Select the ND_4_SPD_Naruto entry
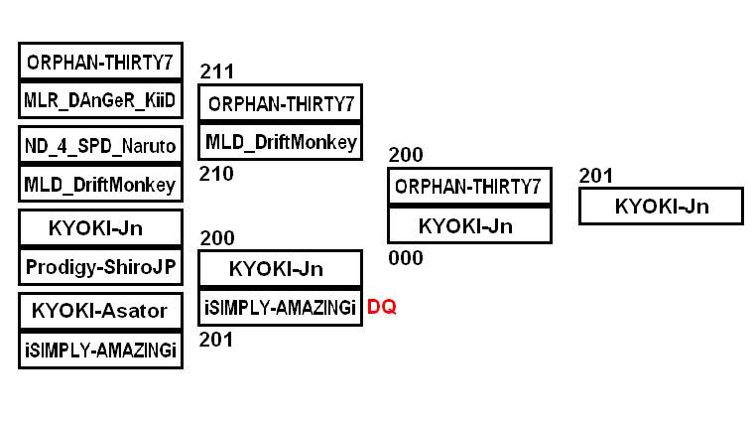click(100, 146)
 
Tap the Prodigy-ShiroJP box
click(100, 267)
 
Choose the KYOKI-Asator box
click(100, 311)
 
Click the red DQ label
click(382, 308)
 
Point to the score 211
click(217, 71)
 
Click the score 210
click(217, 175)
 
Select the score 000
click(406, 258)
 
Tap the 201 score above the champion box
click(596, 176)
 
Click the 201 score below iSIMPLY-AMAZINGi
click(217, 341)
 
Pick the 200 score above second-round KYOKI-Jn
click(217, 238)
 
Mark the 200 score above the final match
click(406, 155)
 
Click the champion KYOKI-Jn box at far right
click(661, 207)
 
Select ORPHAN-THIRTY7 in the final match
click(468, 186)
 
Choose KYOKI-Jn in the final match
click(468, 225)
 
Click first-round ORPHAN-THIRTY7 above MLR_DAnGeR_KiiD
click(100, 62)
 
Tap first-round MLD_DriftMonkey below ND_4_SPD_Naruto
click(100, 185)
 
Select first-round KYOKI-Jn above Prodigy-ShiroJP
click(100, 228)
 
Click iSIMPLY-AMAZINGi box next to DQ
click(281, 308)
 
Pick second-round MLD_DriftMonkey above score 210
click(281, 141)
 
